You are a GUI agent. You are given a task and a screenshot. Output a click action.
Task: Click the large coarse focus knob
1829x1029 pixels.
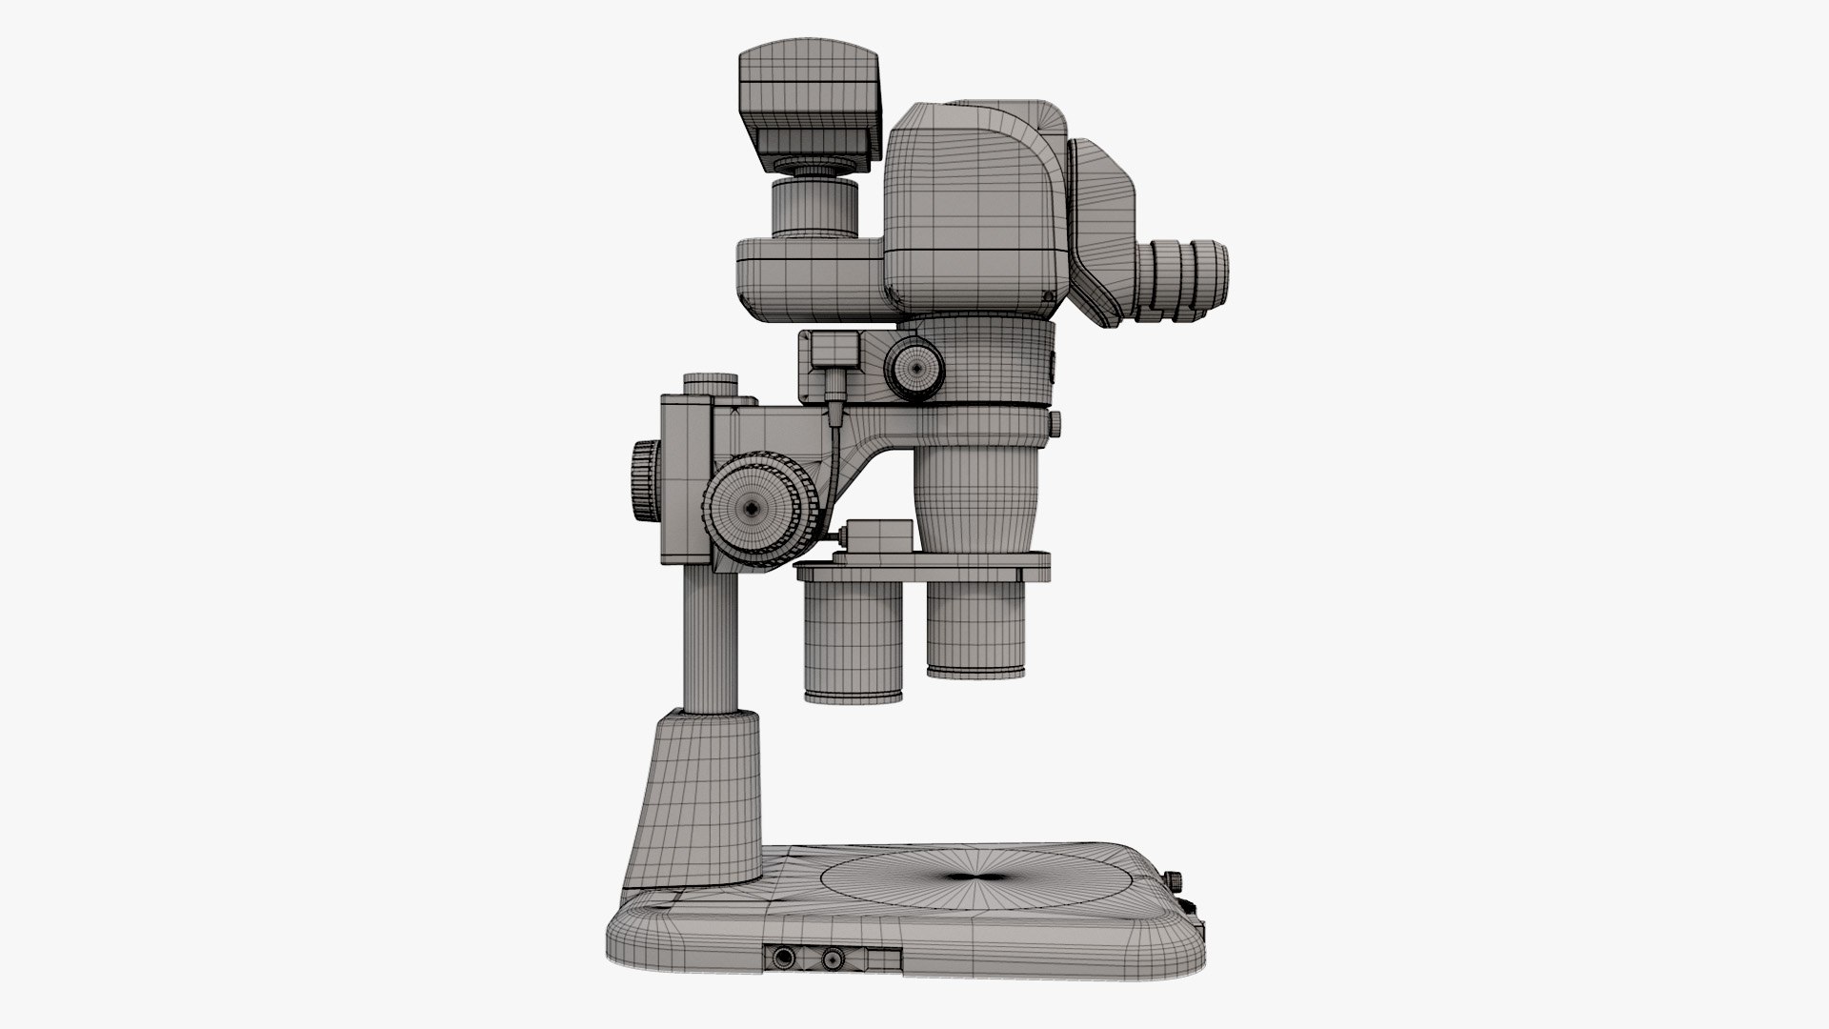pyautogui.click(x=753, y=510)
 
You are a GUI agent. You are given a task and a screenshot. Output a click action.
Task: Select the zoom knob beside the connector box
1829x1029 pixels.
pyautogui.click(x=915, y=365)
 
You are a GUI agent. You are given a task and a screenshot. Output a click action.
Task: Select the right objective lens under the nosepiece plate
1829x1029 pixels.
pyautogui.click(x=976, y=629)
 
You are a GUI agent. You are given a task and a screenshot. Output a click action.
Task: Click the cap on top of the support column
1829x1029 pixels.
pyautogui.click(x=711, y=383)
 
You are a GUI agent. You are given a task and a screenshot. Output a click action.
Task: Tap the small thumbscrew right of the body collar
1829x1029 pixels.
pyautogui.click(x=1055, y=420)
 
